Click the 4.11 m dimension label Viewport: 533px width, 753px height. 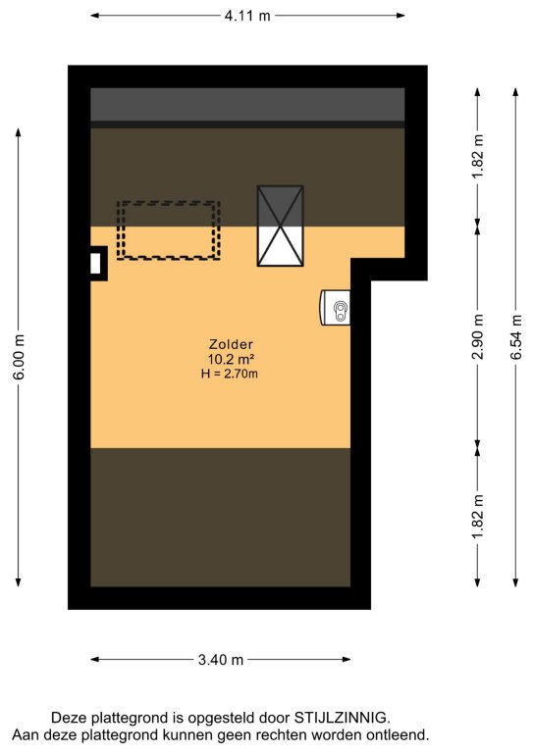click(247, 16)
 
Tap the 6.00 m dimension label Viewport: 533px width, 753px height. click(19, 357)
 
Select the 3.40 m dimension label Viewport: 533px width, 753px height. click(221, 660)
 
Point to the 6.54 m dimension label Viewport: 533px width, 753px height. click(515, 336)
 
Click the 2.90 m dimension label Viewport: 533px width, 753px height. click(478, 336)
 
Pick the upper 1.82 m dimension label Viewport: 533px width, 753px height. click(478, 156)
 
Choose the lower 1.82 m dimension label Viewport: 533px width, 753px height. click(478, 517)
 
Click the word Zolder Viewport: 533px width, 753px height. click(231, 344)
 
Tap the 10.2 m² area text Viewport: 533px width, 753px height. click(231, 359)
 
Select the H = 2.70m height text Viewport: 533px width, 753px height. click(230, 374)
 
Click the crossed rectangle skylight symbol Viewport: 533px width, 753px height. click(280, 226)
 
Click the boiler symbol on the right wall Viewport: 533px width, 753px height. click(336, 307)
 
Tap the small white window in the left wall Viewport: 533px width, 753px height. click(95, 263)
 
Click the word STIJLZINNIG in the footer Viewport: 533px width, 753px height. click(341, 718)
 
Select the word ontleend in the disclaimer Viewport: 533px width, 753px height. click(398, 734)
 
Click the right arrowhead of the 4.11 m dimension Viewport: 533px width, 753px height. click(400, 16)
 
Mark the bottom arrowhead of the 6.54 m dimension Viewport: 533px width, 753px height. click(515, 582)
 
